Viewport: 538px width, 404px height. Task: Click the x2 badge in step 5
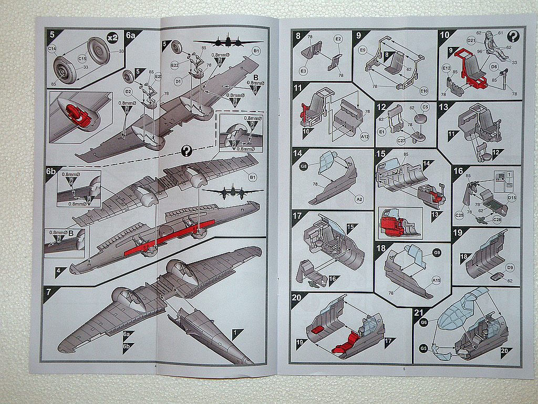point(112,38)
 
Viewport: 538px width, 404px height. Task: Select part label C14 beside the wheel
point(52,49)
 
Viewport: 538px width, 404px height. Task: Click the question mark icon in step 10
point(514,36)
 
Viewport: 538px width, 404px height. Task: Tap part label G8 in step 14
point(303,166)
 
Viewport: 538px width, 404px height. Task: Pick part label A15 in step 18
point(436,280)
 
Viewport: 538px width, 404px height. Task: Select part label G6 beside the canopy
point(424,321)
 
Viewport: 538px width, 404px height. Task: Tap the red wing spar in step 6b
point(168,237)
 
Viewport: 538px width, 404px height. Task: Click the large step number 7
point(49,290)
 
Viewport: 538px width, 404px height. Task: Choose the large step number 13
point(444,107)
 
